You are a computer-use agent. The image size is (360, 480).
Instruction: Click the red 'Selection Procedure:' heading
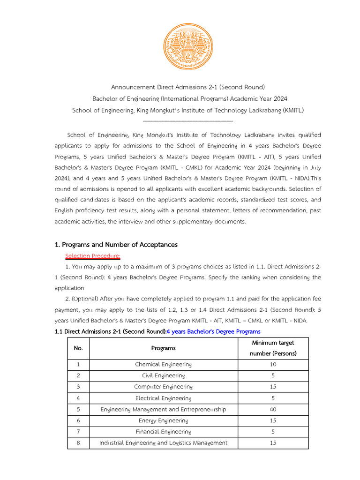(x=93, y=256)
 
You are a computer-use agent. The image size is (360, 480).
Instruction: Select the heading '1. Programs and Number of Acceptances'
(x=116, y=245)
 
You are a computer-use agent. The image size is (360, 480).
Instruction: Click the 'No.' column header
(x=78, y=348)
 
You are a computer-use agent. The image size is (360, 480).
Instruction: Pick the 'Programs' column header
(x=163, y=348)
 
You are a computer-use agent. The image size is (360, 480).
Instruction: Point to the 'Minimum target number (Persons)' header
(x=273, y=348)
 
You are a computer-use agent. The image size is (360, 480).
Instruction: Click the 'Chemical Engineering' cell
(x=163, y=365)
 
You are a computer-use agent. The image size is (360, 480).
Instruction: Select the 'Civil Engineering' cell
(x=163, y=376)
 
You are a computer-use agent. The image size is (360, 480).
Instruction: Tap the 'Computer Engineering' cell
(x=163, y=387)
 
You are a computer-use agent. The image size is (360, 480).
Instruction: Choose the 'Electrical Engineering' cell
(x=163, y=398)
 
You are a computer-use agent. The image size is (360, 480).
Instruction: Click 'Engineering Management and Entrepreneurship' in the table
(x=163, y=410)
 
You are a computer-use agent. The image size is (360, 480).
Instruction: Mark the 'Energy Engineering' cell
(x=163, y=421)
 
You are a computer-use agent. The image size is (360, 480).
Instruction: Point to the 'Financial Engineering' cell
(x=163, y=432)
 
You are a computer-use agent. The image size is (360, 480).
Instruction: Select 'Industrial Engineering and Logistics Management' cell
(x=163, y=443)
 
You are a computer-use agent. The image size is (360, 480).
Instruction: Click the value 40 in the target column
(x=273, y=410)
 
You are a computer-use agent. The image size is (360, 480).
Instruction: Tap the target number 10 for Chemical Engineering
(x=273, y=365)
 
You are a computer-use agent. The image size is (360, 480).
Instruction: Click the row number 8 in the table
(x=78, y=443)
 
